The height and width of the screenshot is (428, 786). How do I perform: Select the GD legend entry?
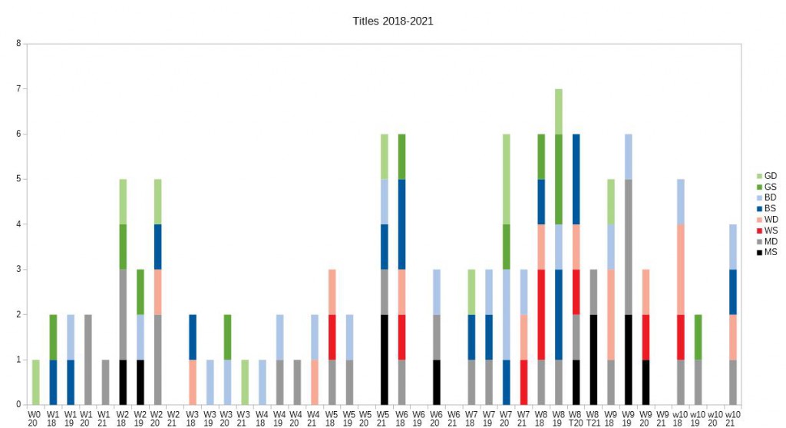(770, 176)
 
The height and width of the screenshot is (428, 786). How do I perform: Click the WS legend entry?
(770, 231)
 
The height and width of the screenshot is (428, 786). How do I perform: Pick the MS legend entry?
(770, 252)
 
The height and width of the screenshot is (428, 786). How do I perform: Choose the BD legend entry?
(770, 197)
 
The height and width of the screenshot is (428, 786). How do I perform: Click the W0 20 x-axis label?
(35, 418)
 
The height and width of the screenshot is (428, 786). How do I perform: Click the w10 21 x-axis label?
(733, 418)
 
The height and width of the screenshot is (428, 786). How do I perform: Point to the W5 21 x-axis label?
(384, 418)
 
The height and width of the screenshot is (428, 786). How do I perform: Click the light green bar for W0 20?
(35, 382)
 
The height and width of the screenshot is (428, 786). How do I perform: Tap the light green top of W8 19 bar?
(558, 111)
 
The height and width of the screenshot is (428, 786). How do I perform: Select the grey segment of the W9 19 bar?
(628, 247)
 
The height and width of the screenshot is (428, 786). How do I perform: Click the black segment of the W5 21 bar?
(384, 360)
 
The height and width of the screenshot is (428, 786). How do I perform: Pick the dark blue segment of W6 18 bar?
(401, 224)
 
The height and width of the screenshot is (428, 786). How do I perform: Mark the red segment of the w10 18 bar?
(680, 337)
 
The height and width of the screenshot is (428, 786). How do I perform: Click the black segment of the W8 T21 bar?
(593, 360)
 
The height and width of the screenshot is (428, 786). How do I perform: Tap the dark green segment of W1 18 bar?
(53, 337)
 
